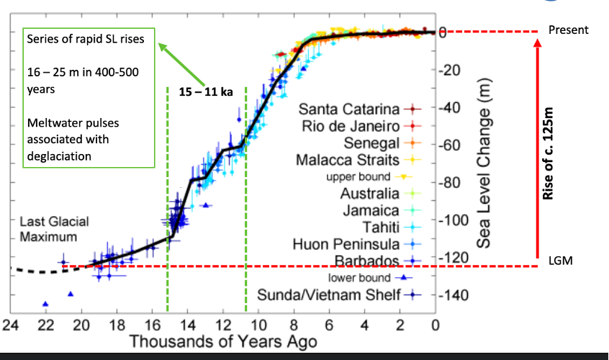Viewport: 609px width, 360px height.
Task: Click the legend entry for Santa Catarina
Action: (x=348, y=109)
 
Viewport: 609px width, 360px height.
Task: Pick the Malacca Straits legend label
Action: (x=348, y=159)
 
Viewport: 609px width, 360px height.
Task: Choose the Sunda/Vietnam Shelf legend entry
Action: (x=328, y=295)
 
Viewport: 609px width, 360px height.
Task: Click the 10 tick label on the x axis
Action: (x=258, y=325)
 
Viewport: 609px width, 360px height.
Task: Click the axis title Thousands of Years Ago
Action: (x=222, y=341)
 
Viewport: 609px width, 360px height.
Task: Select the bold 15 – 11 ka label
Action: (x=207, y=91)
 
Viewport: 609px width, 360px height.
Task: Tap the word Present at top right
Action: (x=568, y=30)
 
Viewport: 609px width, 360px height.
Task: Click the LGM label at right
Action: (x=559, y=261)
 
